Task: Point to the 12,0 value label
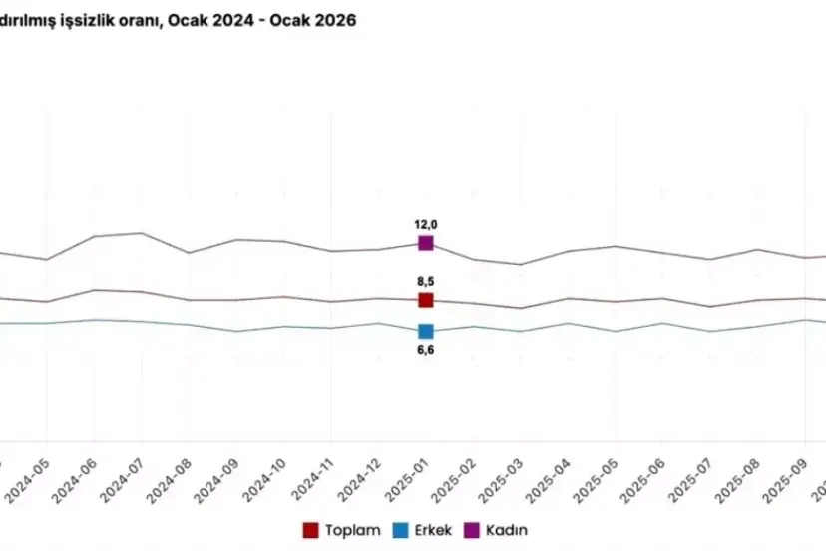click(426, 225)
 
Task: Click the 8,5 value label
click(426, 282)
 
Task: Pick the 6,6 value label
click(426, 349)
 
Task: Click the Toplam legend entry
click(341, 530)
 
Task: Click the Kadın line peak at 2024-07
click(141, 233)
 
